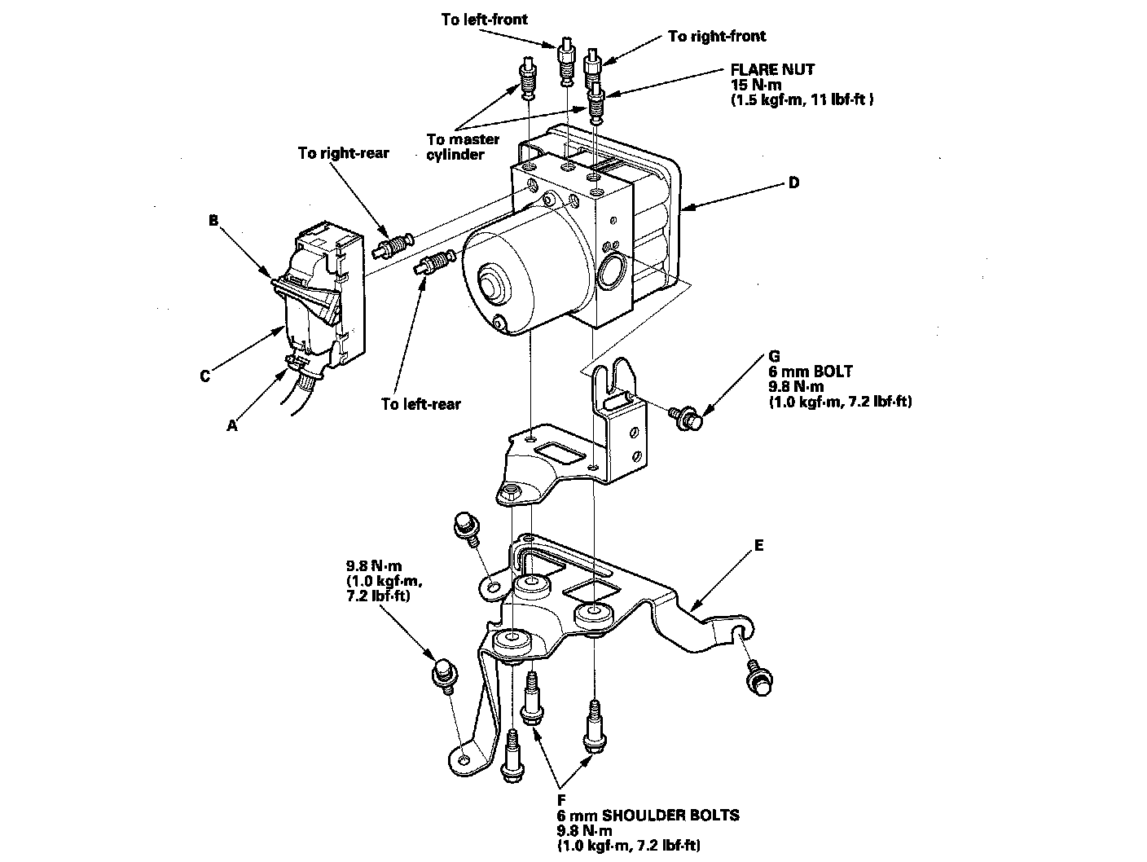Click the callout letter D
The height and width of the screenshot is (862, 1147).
793,183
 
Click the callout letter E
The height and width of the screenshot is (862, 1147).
759,546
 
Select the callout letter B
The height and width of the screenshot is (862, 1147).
214,219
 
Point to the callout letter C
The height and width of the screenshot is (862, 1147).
205,376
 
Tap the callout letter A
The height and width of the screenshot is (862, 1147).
232,424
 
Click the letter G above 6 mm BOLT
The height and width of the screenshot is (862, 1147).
774,357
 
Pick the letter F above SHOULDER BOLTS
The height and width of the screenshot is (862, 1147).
562,801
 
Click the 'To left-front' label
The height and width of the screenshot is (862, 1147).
484,19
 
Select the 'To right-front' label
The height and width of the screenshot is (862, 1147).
717,36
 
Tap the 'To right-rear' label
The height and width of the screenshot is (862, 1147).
343,153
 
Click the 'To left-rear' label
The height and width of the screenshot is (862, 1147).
420,404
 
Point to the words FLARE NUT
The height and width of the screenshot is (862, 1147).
772,69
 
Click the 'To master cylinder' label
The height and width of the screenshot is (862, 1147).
463,147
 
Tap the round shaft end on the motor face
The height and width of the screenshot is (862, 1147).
491,285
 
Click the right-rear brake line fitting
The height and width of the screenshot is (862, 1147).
394,245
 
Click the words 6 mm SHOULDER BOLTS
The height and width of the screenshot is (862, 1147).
648,816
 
